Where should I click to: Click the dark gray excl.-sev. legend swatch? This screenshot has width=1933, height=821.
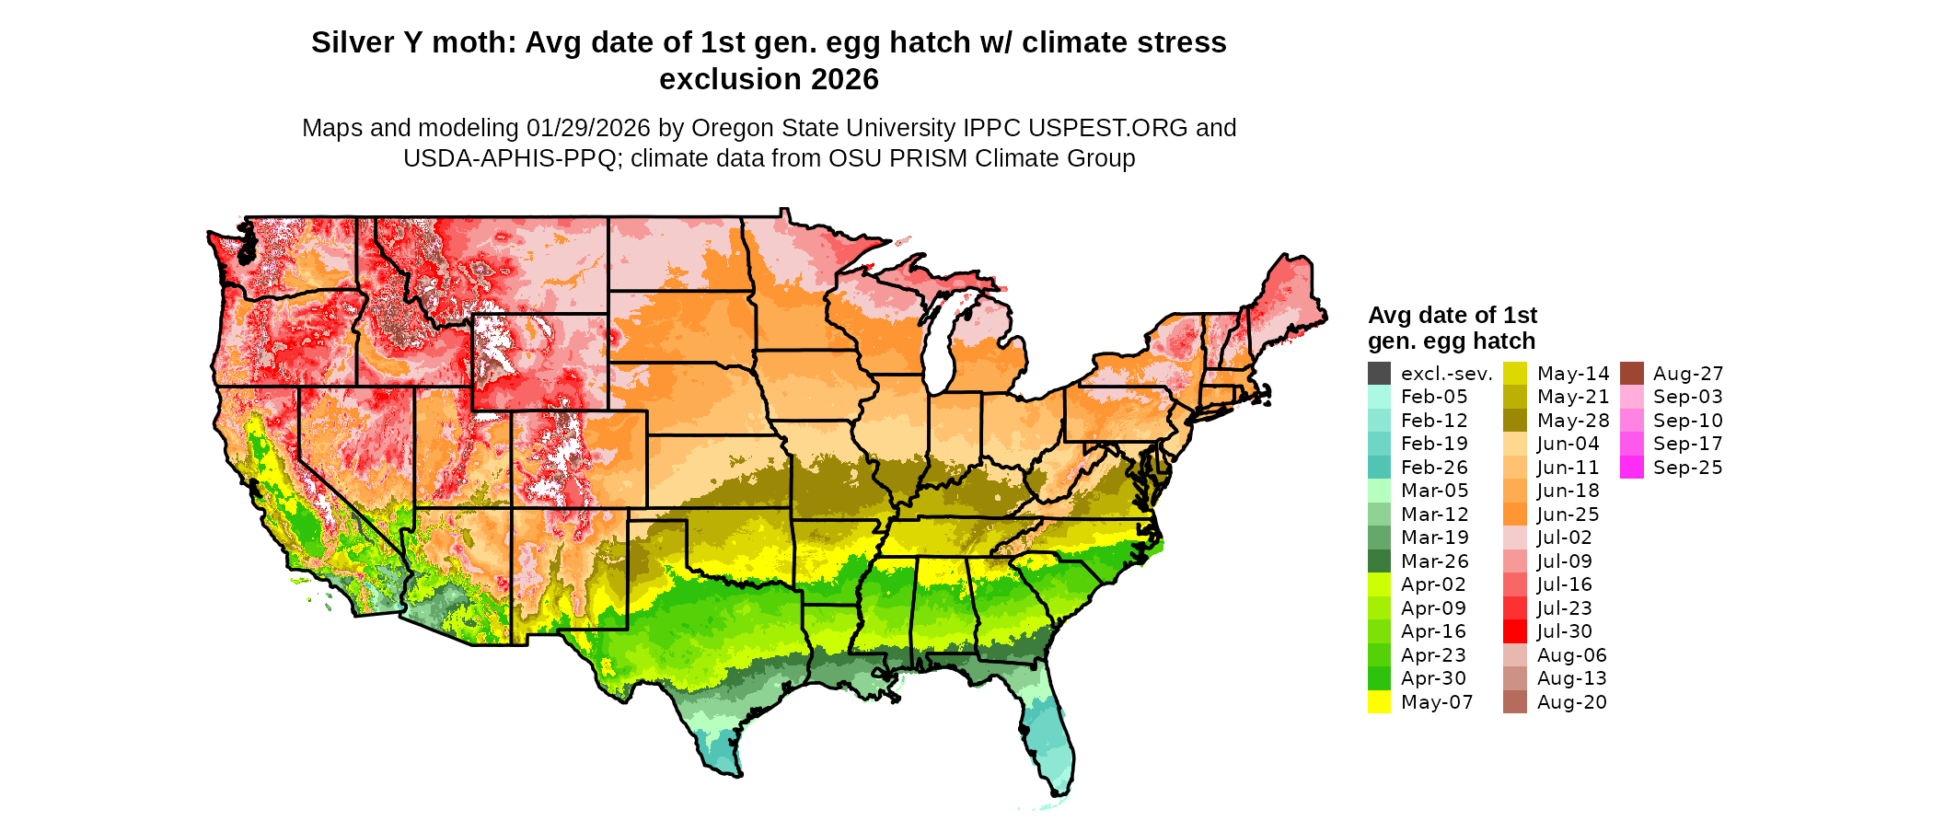pos(1379,374)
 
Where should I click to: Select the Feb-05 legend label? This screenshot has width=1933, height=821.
pos(1434,397)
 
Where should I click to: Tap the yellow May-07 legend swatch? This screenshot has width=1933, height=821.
pos(1379,702)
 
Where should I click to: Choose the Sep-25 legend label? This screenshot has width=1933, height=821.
pos(1687,468)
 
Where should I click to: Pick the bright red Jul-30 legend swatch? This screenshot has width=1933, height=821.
pos(1514,631)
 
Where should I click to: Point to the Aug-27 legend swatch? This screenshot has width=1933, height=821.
pos(1631,374)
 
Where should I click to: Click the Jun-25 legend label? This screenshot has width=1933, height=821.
pos(1568,515)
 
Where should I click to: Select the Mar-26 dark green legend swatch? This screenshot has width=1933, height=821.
pos(1379,561)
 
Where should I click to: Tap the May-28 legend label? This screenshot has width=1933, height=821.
pos(1573,421)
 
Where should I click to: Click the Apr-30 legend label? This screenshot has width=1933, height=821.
pos(1433,678)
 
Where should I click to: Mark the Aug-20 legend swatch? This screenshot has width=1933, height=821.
pos(1514,702)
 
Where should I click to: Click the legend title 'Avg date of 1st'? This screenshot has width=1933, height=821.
pos(1452,316)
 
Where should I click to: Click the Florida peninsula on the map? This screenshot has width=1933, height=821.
pos(1049,736)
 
